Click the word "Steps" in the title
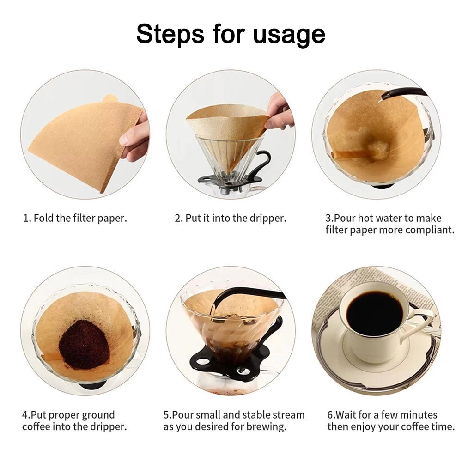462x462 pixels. [x=170, y=34]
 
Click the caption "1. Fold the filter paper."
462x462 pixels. [x=75, y=219]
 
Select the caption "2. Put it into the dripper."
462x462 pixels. [x=231, y=219]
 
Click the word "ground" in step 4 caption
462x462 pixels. [x=98, y=415]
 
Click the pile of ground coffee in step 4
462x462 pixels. [x=84, y=345]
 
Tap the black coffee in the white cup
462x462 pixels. [x=375, y=313]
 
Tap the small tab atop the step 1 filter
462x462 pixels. [x=110, y=98]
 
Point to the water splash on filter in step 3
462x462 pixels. [x=379, y=150]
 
